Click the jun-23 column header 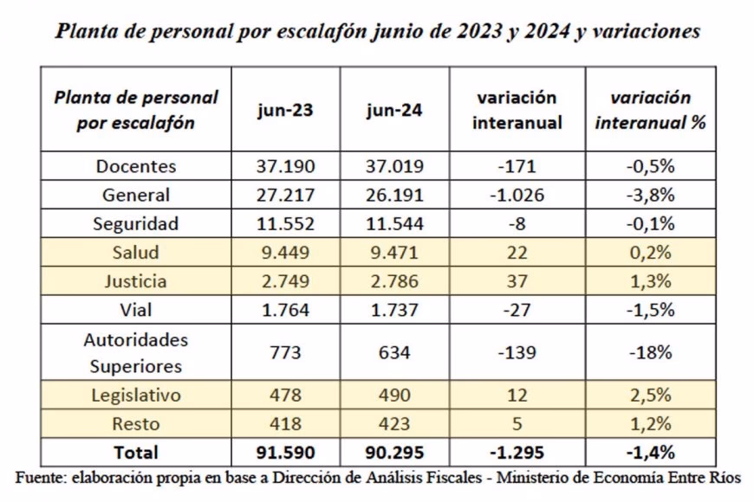[x=285, y=111]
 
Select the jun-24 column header [x=395, y=111]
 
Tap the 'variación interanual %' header [x=651, y=110]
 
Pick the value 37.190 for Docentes [x=285, y=166]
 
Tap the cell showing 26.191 [x=395, y=195]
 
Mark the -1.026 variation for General [x=517, y=195]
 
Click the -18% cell [x=651, y=352]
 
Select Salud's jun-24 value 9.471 [x=395, y=253]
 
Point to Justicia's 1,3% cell [x=651, y=281]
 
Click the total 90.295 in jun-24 [x=395, y=452]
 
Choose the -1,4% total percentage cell [x=651, y=452]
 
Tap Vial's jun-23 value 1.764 [x=285, y=310]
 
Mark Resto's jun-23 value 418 [x=285, y=424]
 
